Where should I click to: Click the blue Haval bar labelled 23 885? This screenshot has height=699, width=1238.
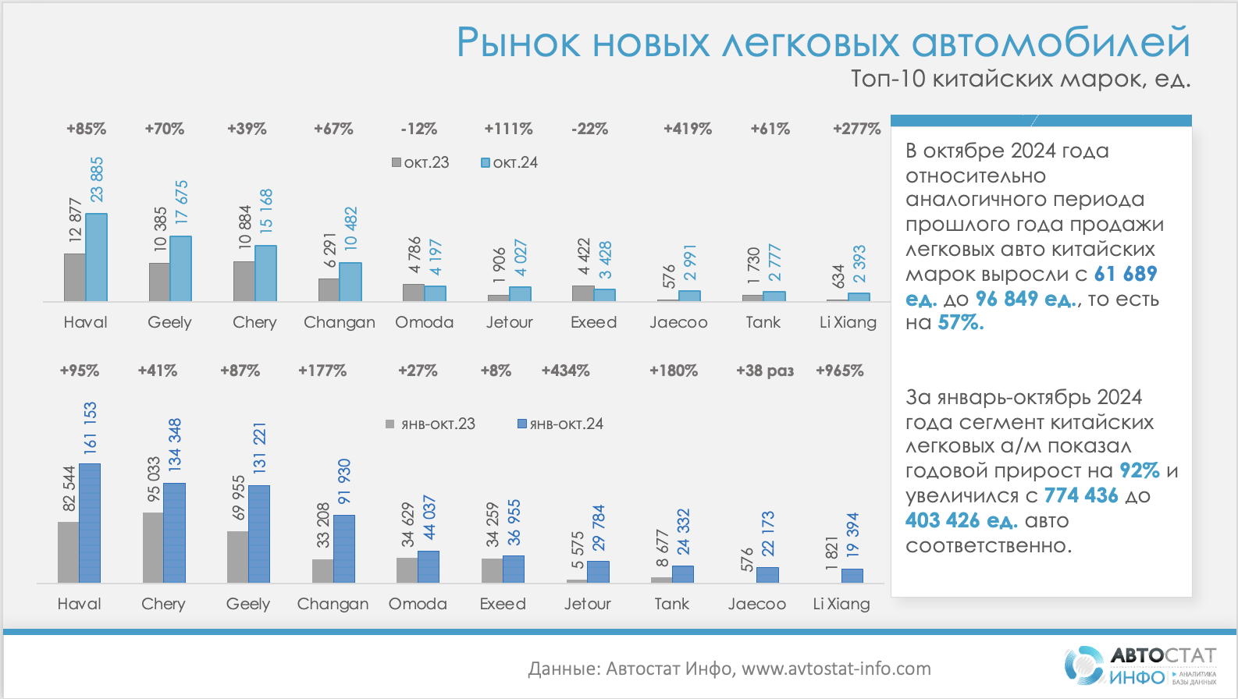tap(97, 257)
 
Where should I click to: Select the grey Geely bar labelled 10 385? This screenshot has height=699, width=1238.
tap(159, 282)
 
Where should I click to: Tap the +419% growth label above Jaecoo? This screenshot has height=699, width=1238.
tap(688, 129)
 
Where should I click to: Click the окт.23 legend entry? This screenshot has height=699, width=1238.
tap(421, 162)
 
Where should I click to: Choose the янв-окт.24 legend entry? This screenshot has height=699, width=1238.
tap(560, 424)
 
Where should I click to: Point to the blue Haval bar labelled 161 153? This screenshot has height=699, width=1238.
tap(90, 523)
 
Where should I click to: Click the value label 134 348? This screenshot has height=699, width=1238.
tap(175, 443)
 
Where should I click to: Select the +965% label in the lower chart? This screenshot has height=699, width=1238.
tap(840, 371)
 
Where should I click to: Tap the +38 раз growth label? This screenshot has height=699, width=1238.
tap(765, 371)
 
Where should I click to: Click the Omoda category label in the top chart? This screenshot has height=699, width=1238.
tap(424, 322)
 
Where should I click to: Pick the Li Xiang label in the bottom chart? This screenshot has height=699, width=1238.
tap(841, 604)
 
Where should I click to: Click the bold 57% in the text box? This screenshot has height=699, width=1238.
tap(961, 323)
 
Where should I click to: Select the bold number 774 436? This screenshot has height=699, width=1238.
tap(1081, 495)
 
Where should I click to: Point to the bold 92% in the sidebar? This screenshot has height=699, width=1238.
tap(1140, 470)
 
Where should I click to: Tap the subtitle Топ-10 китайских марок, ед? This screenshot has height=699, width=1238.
tap(1020, 79)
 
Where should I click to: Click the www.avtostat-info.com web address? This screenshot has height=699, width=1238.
tap(836, 669)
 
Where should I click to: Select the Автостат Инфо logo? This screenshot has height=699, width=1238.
tap(1140, 665)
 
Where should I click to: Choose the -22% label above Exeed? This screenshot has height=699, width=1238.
tap(590, 129)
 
